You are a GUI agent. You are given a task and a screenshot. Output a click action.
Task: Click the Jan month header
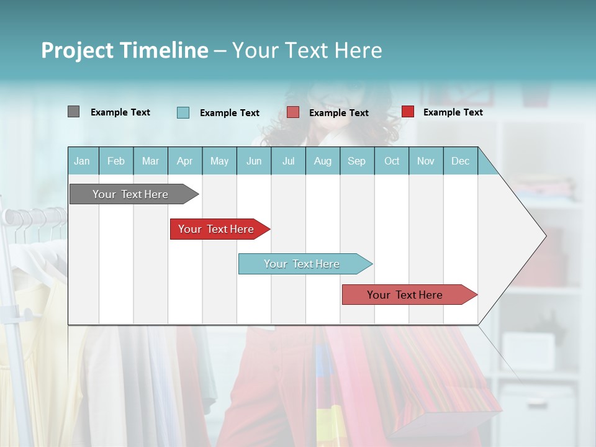pos(82,161)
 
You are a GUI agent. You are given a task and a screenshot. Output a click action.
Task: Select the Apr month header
pos(185,161)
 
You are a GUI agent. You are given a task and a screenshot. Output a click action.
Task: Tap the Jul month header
pos(288,161)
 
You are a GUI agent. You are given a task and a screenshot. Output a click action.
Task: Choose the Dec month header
pos(460,161)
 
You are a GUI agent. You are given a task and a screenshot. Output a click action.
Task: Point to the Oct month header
pos(392,161)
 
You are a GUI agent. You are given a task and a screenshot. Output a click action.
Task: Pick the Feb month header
pos(116,161)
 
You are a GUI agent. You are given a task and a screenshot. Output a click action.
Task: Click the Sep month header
pos(356,161)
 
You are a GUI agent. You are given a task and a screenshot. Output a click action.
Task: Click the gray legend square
pos(73,112)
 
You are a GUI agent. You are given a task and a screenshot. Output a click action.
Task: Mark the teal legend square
pos(183,112)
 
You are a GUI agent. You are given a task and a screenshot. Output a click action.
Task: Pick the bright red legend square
pos(407,112)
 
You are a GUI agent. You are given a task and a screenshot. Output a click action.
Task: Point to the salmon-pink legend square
pos(293,112)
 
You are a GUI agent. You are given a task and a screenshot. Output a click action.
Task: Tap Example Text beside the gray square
pos(120,112)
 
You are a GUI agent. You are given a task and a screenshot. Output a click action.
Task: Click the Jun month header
pos(254,161)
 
